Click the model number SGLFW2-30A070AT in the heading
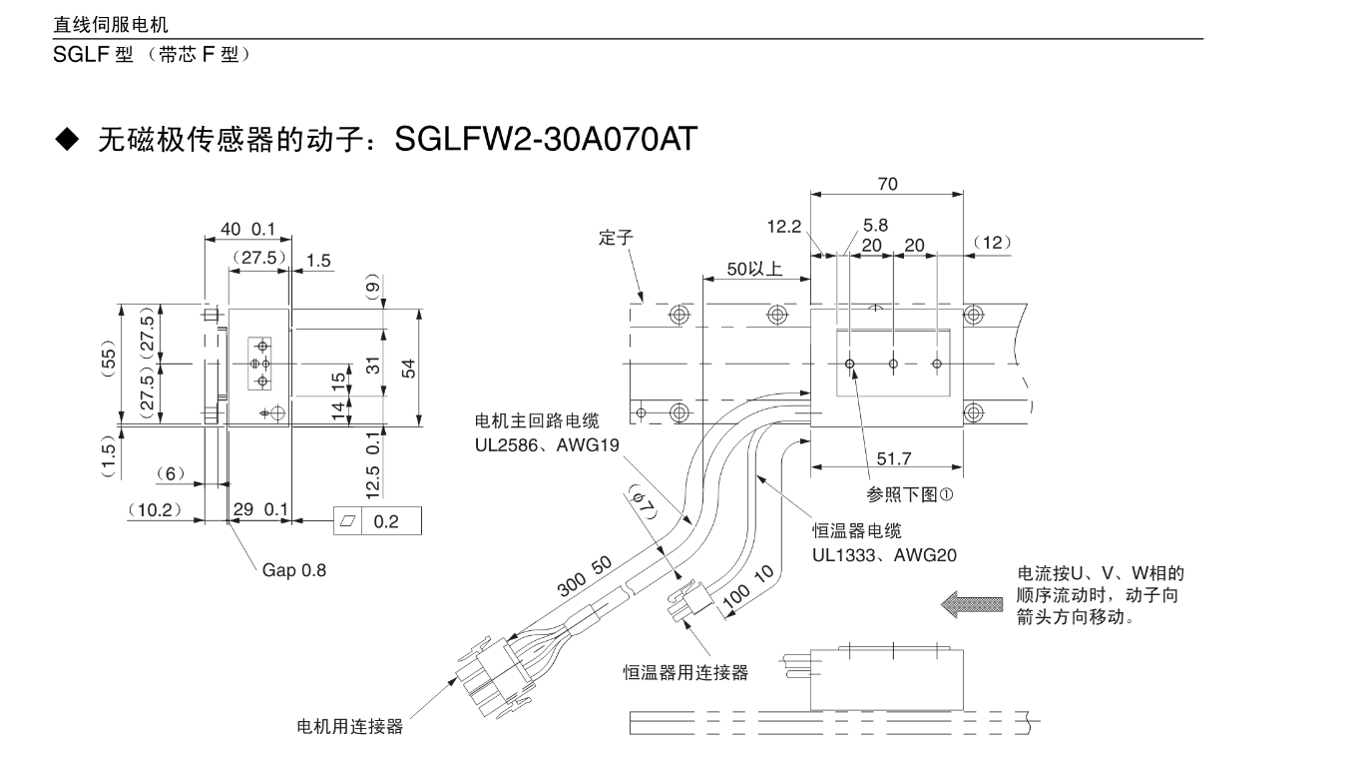tap(544, 140)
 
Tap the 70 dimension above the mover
tap(887, 184)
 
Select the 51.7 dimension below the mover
tap(893, 459)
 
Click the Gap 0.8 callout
tap(293, 571)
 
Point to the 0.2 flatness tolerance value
tap(386, 521)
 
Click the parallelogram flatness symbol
tap(348, 521)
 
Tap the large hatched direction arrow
tap(974, 604)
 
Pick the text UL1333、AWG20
tap(884, 552)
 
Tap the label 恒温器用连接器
tap(685, 672)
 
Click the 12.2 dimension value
tap(784, 228)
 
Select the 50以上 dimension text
tap(753, 269)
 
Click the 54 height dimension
tap(409, 368)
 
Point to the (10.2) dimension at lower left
tap(155, 509)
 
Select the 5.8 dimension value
tap(875, 227)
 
